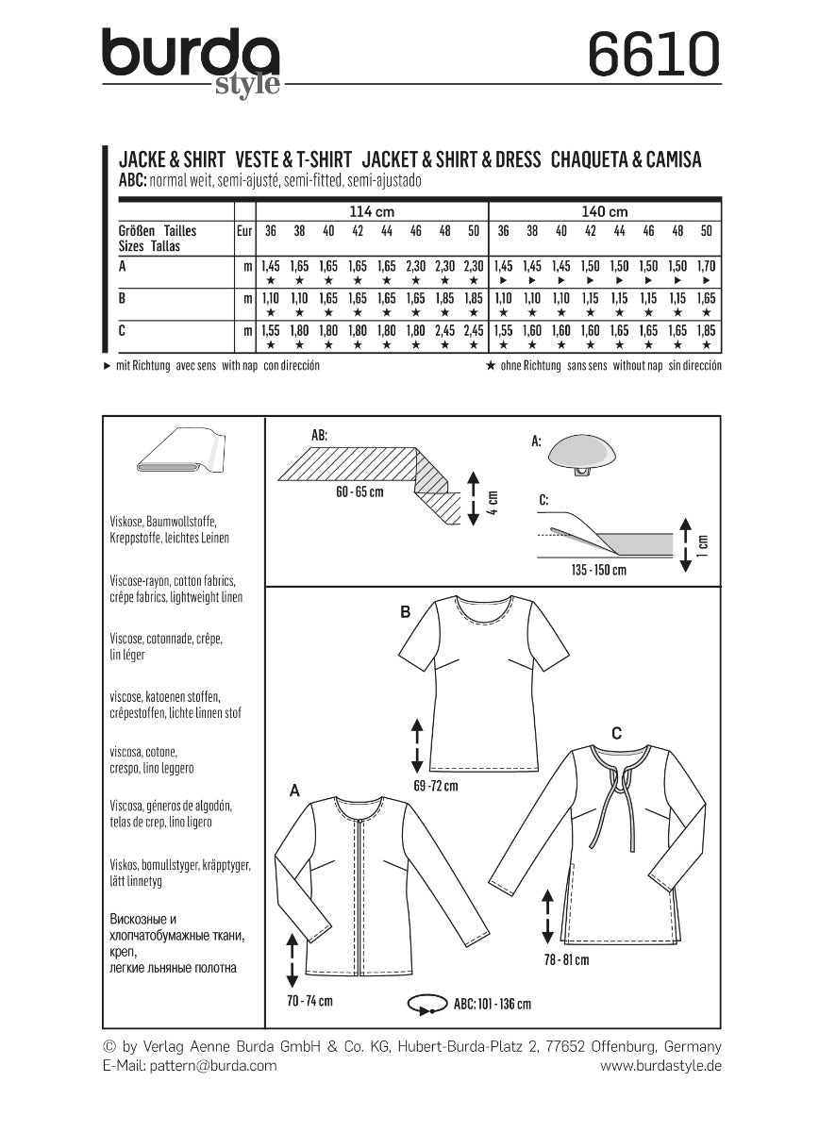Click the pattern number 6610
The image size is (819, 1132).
(653, 53)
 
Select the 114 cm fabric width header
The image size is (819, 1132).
(372, 211)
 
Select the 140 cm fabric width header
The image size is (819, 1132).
(605, 211)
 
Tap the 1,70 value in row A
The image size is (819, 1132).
(708, 267)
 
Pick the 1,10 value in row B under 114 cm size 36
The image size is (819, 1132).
(270, 298)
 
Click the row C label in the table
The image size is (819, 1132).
(124, 330)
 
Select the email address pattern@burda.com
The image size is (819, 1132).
(189, 1065)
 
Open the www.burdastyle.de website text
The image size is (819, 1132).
(660, 1065)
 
